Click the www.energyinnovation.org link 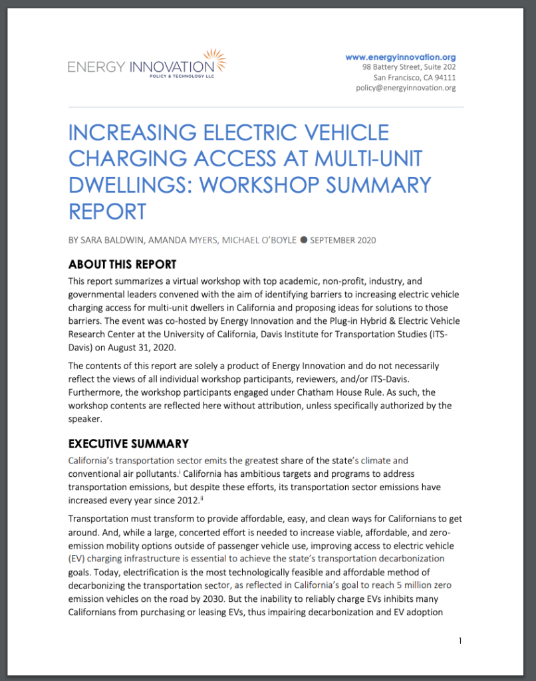pyautogui.click(x=400, y=57)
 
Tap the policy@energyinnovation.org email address pyautogui.click(x=406, y=88)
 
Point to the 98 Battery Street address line pyautogui.click(x=409, y=67)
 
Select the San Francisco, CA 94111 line pyautogui.click(x=414, y=78)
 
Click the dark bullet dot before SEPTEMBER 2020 pyautogui.click(x=303, y=240)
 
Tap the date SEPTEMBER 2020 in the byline pyautogui.click(x=343, y=240)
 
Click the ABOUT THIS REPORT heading pyautogui.click(x=122, y=264)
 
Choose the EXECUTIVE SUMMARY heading pyautogui.click(x=128, y=444)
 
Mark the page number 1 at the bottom pyautogui.click(x=460, y=640)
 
